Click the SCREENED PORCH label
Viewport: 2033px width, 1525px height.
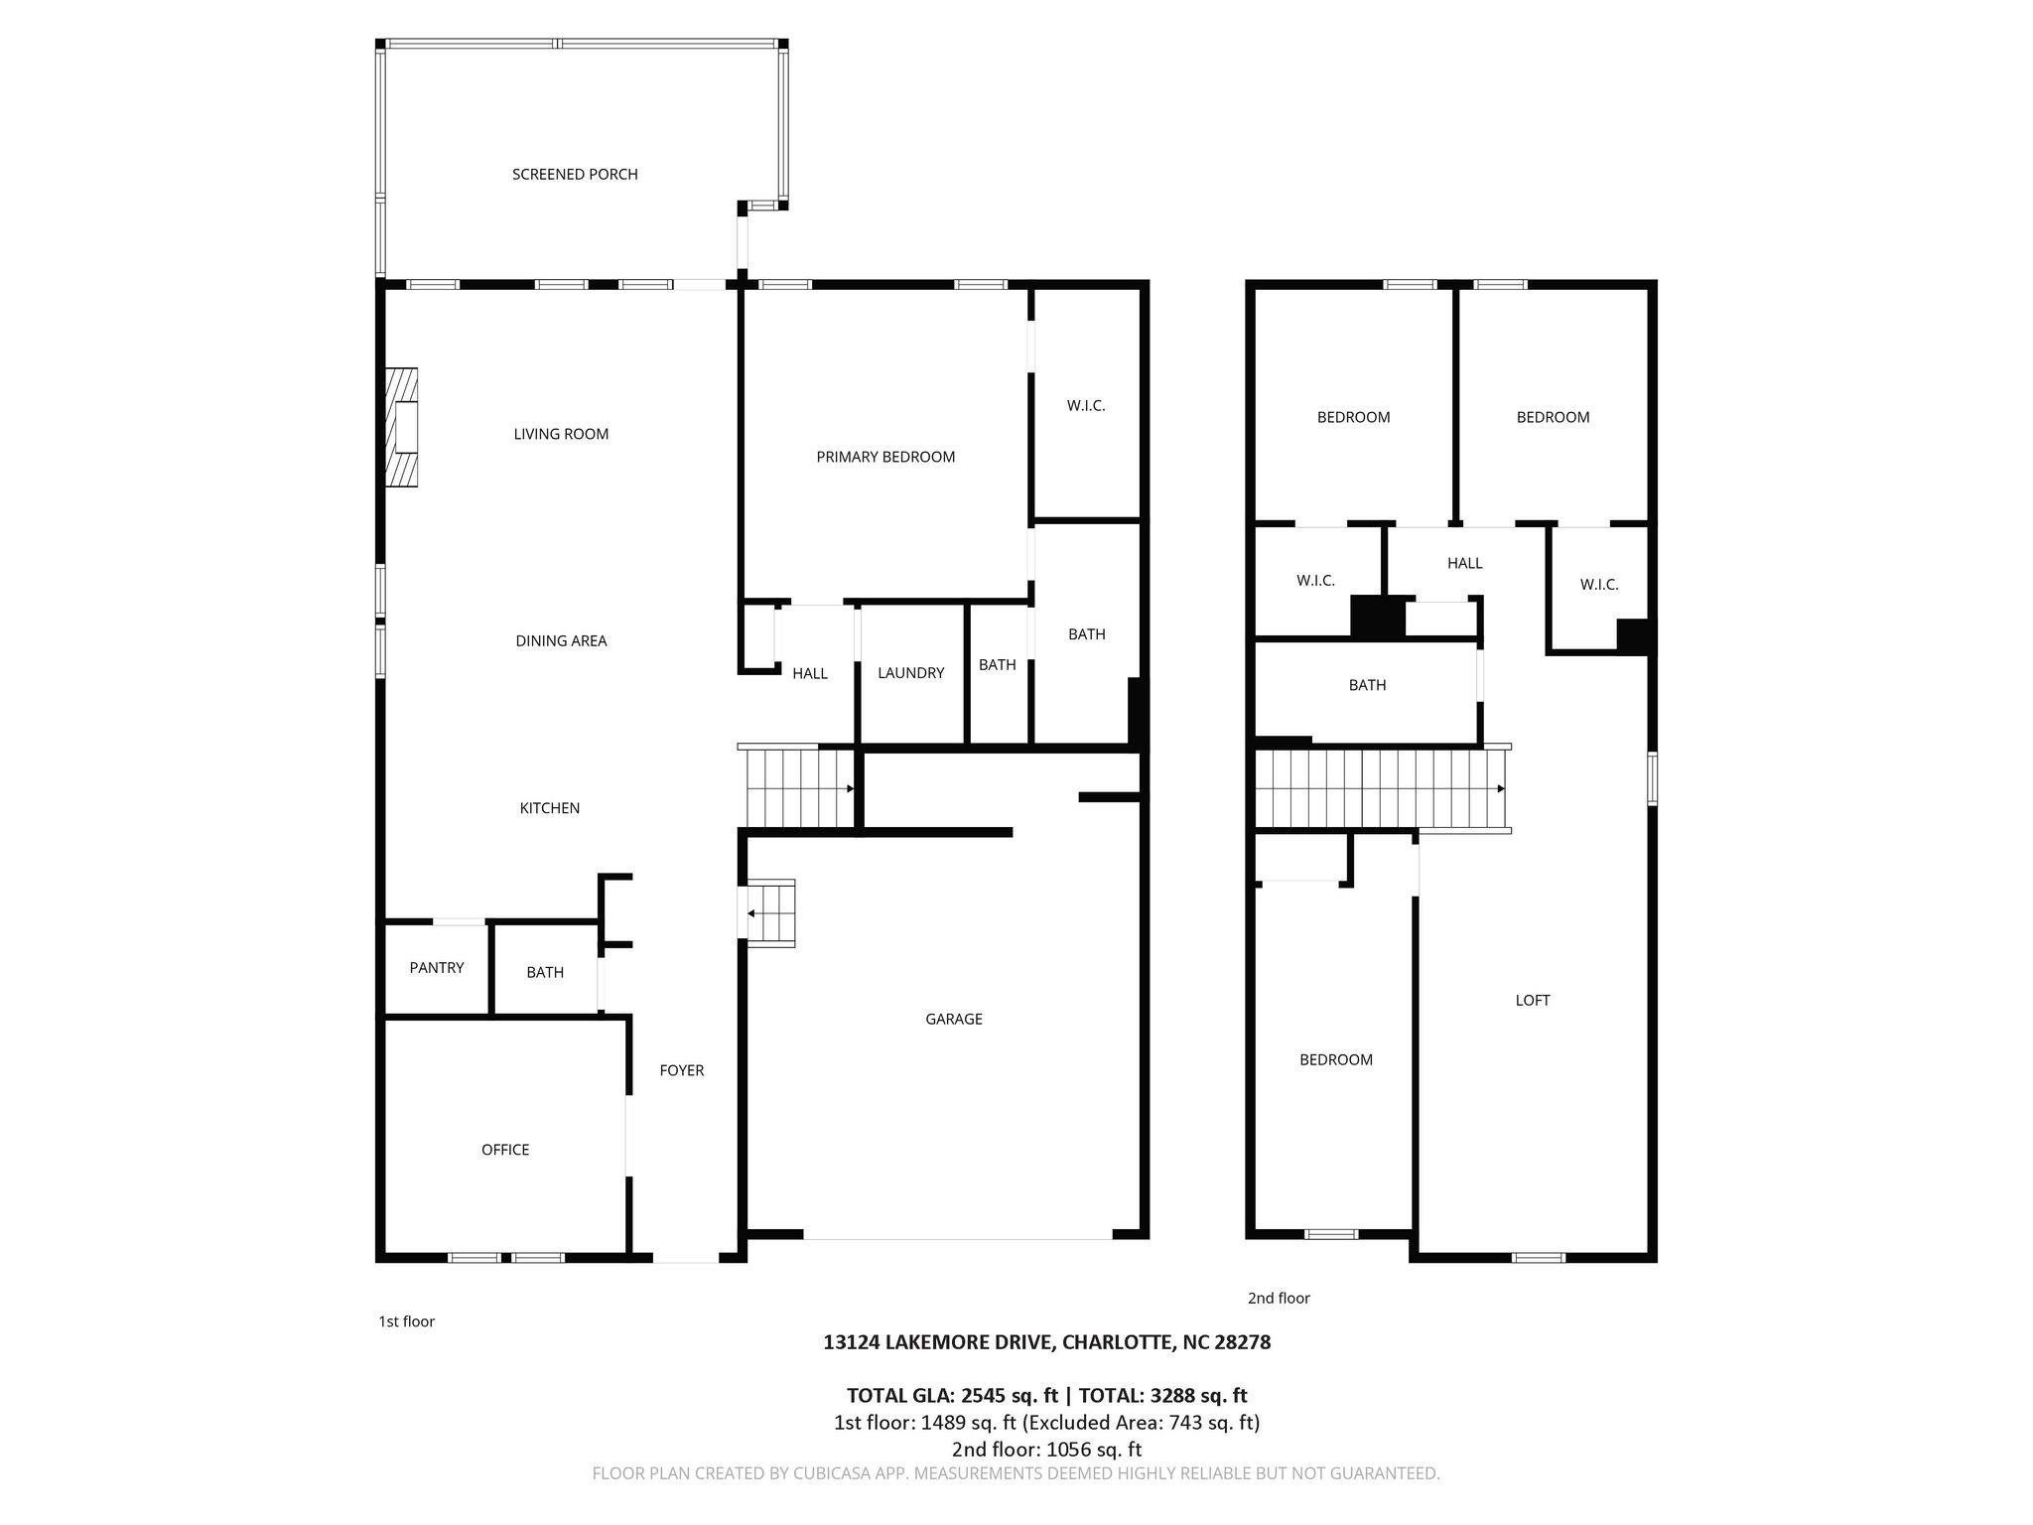click(x=575, y=175)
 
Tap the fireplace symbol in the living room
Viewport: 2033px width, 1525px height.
click(x=402, y=427)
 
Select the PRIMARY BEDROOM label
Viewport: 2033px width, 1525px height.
click(x=885, y=457)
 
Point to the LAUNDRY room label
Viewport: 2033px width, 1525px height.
click(x=910, y=673)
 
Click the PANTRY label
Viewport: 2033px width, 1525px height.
click(x=437, y=968)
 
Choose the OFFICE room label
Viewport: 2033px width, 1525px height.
click(x=505, y=1150)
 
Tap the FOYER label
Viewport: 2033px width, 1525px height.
click(x=682, y=1070)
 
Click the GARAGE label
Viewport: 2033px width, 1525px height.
click(x=954, y=1019)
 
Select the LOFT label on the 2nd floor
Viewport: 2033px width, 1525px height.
click(x=1533, y=1001)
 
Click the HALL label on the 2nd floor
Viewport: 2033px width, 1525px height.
click(x=1464, y=564)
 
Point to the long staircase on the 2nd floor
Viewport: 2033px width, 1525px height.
click(x=1380, y=789)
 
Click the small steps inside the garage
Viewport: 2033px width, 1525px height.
click(x=772, y=913)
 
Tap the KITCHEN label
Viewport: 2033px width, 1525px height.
click(x=550, y=808)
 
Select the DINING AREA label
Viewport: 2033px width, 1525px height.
click(x=561, y=641)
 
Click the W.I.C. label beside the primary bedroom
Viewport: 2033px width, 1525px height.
click(x=1086, y=406)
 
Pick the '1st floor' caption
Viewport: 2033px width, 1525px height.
click(x=406, y=1321)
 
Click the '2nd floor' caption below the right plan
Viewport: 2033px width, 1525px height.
click(x=1279, y=1299)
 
